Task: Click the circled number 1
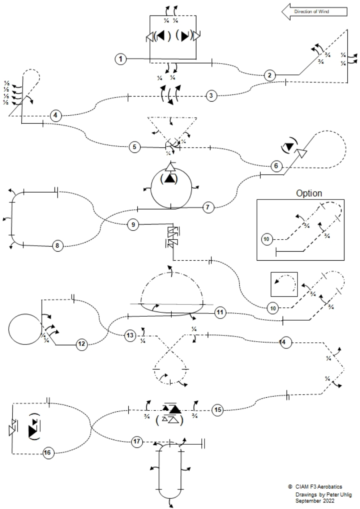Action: click(x=121, y=59)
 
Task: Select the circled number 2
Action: click(x=270, y=75)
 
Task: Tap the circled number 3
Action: click(x=211, y=96)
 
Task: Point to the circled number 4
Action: click(x=55, y=116)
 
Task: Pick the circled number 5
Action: click(x=134, y=147)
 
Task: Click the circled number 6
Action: click(x=276, y=166)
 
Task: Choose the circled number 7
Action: click(x=208, y=208)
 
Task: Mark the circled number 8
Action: click(x=57, y=246)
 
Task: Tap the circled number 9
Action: click(x=133, y=225)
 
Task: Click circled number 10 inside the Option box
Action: click(x=266, y=239)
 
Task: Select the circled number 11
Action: click(x=220, y=312)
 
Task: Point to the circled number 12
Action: click(x=82, y=344)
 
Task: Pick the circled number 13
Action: click(x=130, y=335)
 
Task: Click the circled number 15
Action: click(x=218, y=410)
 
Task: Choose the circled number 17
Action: click(x=137, y=442)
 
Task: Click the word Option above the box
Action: click(x=309, y=193)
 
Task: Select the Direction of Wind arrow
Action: click(x=314, y=12)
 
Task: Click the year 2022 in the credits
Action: click(x=327, y=501)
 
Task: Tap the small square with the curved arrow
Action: click(x=284, y=284)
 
